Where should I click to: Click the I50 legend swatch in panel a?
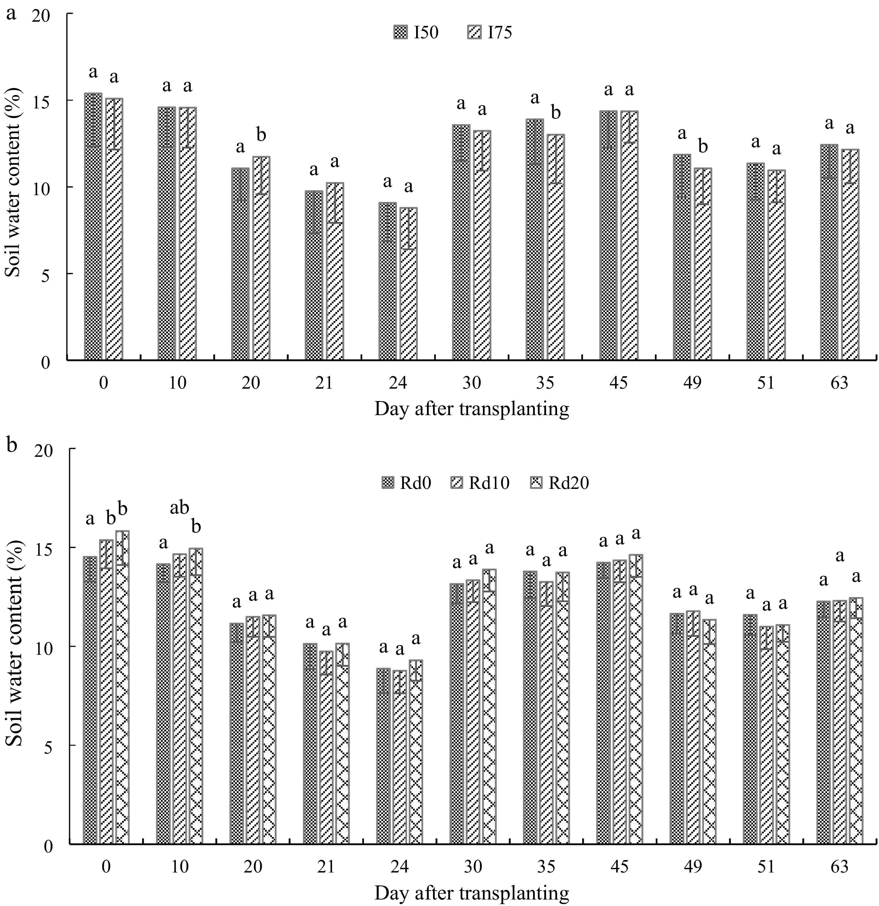click(x=399, y=33)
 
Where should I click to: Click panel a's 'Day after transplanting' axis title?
click(x=471, y=409)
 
